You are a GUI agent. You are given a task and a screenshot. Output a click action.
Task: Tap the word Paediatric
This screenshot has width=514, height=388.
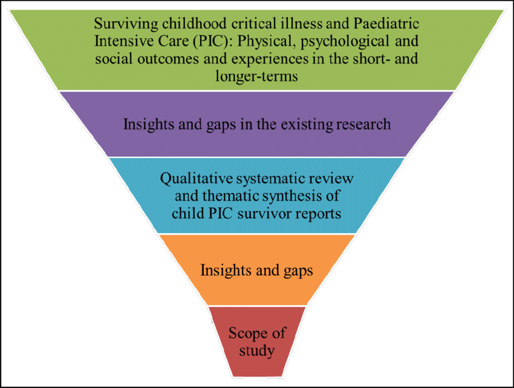386,24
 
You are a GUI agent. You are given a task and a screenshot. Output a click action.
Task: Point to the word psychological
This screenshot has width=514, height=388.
345,42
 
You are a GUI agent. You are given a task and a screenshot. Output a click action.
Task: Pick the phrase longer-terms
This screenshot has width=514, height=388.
256,76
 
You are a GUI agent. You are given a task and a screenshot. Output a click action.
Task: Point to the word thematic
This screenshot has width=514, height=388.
231,196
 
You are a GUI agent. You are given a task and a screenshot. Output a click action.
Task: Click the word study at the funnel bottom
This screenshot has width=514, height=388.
256,351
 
